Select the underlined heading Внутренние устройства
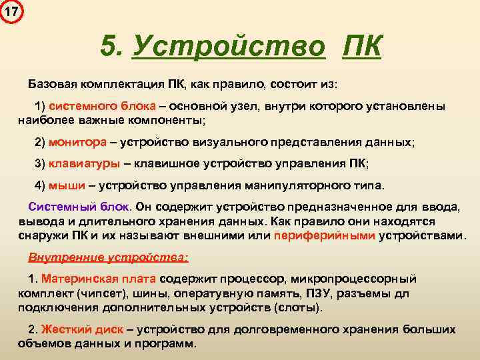108,257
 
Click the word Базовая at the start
52,86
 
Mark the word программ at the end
168,344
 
